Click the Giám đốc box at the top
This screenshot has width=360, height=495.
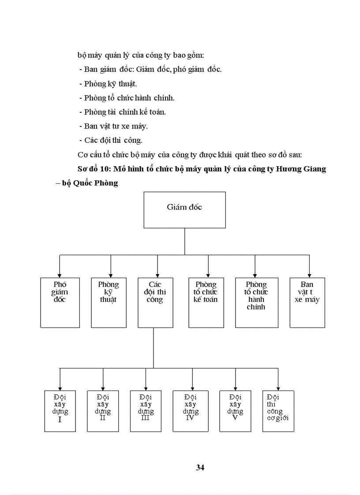tap(184, 209)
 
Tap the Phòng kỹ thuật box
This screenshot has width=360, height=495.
tap(109, 302)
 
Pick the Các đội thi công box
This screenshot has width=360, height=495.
tap(155, 302)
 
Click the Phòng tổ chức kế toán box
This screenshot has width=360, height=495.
tap(206, 302)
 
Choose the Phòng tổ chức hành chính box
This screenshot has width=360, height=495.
tap(256, 302)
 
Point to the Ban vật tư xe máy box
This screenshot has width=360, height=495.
tap(307, 302)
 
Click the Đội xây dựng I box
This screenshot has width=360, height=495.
tap(60, 411)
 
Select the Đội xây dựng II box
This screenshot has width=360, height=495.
tap(103, 411)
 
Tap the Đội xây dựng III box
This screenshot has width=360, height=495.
tap(146, 411)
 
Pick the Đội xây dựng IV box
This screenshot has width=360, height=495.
tap(191, 411)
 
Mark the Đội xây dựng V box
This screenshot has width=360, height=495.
tap(235, 411)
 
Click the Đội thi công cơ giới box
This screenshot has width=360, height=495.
tap(278, 411)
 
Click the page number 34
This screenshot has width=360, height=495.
tap(200, 468)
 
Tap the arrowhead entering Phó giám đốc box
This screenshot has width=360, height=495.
tap(60, 274)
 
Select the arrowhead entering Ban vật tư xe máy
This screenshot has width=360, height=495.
tap(309, 274)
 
